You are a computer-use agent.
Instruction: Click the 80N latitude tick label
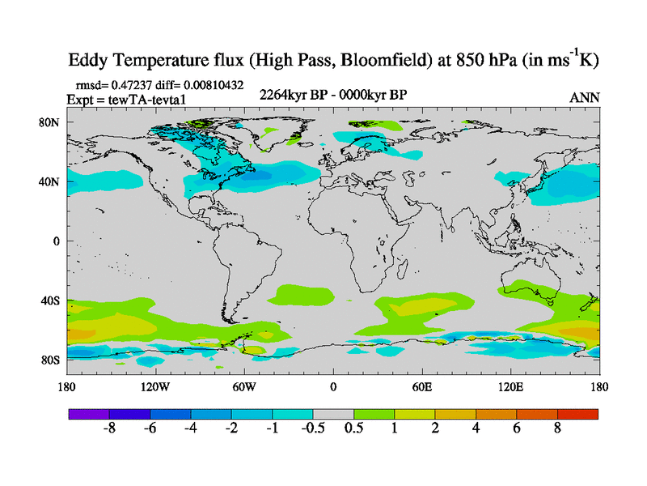pos(50,122)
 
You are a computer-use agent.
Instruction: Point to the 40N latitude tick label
pos(50,182)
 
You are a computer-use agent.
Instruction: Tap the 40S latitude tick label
pos(50,301)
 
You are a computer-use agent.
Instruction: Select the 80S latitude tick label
pos(50,360)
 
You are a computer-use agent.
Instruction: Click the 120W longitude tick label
pos(155,386)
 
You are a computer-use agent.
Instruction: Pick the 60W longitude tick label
pos(244,386)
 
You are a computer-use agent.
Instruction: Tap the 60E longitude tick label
pos(422,386)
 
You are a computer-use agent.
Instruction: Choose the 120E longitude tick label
pos(511,386)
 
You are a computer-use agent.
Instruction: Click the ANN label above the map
pos(585,97)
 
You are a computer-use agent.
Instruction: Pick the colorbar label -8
pos(109,428)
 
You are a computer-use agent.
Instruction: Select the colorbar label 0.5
pos(353,428)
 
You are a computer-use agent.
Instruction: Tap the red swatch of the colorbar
pos(577,413)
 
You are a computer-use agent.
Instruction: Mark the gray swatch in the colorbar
pos(333,413)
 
